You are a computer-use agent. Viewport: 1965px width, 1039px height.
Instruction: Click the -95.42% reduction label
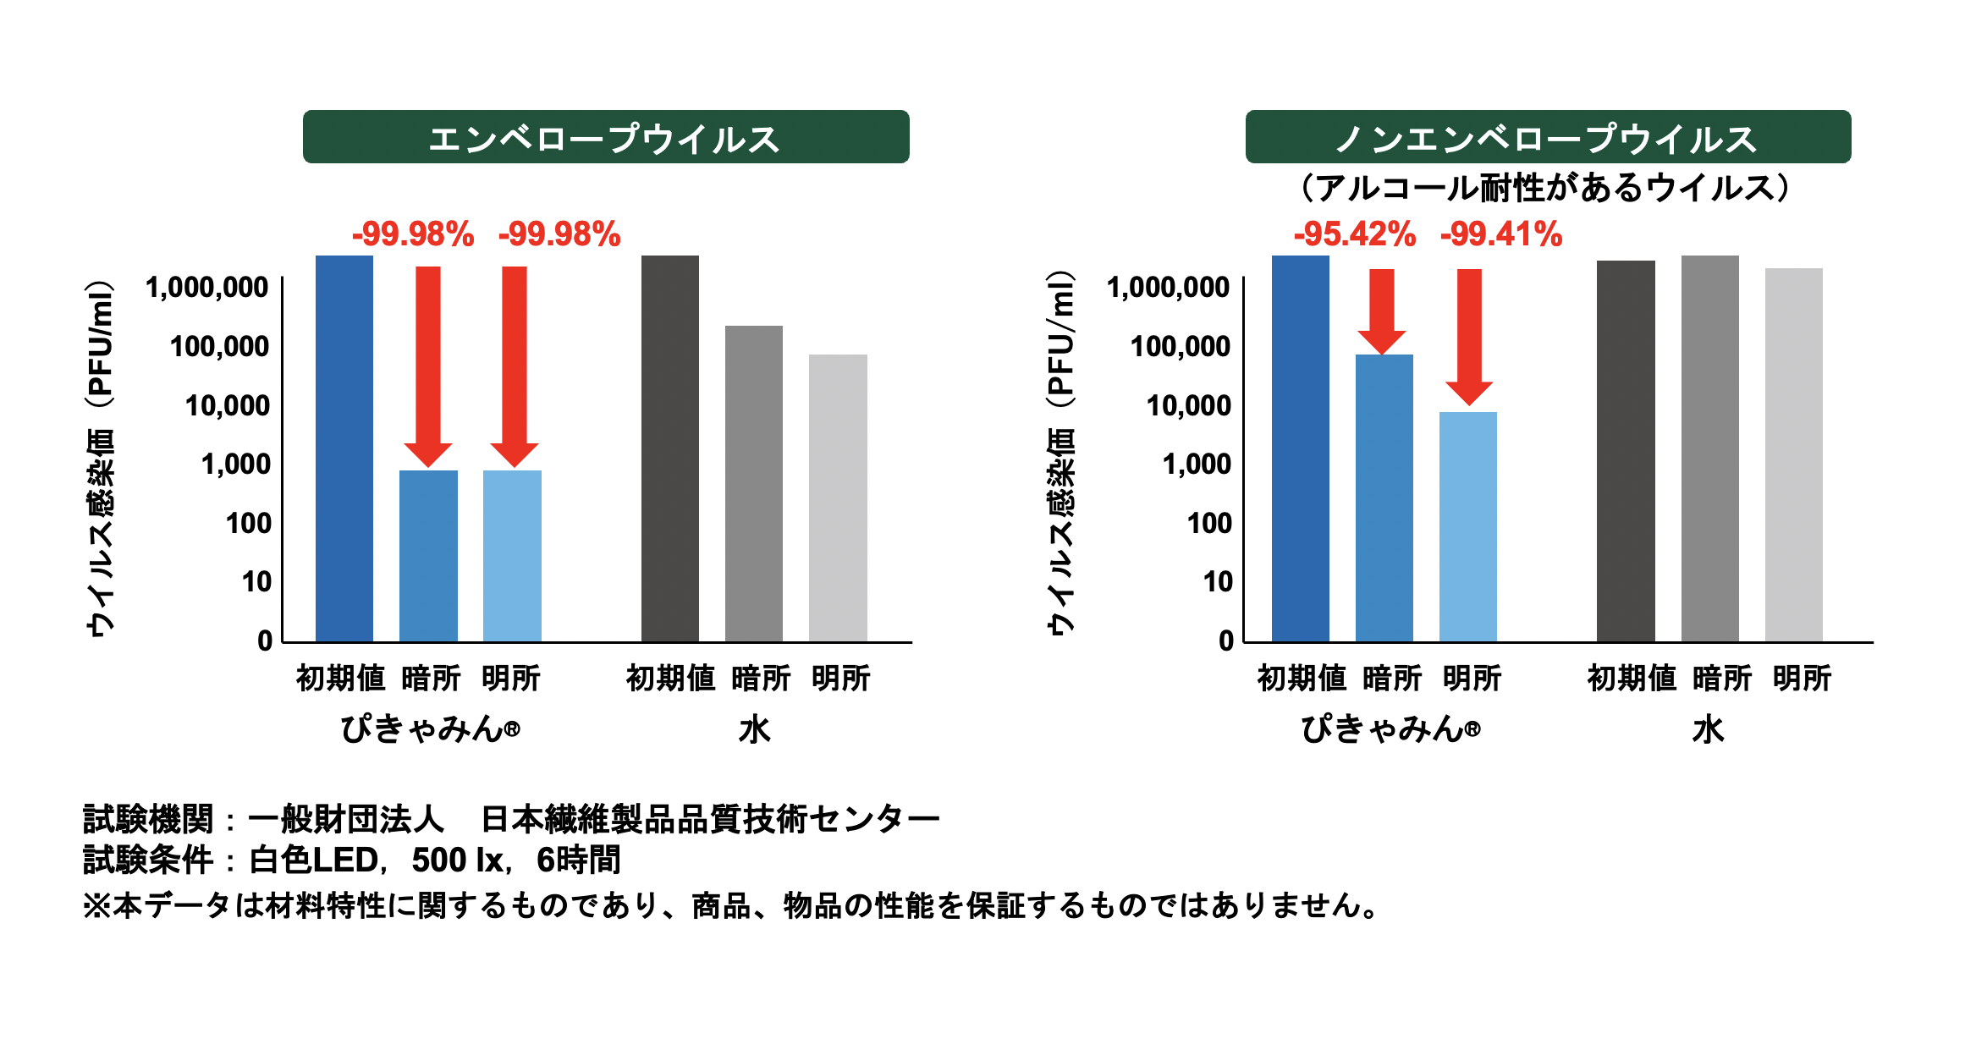(1354, 234)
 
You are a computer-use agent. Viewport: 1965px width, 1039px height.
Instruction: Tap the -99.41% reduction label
(1500, 234)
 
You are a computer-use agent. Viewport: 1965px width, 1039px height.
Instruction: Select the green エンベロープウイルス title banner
(606, 137)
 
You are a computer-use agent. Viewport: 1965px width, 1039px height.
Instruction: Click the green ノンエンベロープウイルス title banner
(1548, 137)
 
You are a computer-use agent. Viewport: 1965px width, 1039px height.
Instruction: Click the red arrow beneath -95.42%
(1382, 309)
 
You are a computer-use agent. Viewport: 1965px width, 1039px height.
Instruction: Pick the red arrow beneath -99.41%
(1469, 334)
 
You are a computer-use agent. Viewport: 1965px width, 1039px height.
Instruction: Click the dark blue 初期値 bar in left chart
(344, 448)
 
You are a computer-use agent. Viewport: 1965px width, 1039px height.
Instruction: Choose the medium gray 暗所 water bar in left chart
(754, 483)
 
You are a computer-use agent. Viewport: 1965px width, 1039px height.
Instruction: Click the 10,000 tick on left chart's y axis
(227, 406)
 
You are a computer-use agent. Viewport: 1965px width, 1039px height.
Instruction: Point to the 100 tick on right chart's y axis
(1209, 524)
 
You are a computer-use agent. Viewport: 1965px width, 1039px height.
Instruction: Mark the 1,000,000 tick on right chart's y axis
(1168, 288)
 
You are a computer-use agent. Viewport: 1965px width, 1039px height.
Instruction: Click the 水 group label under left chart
(754, 729)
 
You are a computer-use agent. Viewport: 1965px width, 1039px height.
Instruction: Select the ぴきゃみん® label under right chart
(1390, 729)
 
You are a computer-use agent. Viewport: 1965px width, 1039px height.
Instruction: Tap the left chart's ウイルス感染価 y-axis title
(100, 457)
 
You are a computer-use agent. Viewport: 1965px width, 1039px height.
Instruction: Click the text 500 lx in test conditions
(458, 860)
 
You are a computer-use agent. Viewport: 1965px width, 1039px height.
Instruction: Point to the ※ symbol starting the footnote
(96, 906)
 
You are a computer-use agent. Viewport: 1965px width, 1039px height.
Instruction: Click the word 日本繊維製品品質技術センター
(710, 819)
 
